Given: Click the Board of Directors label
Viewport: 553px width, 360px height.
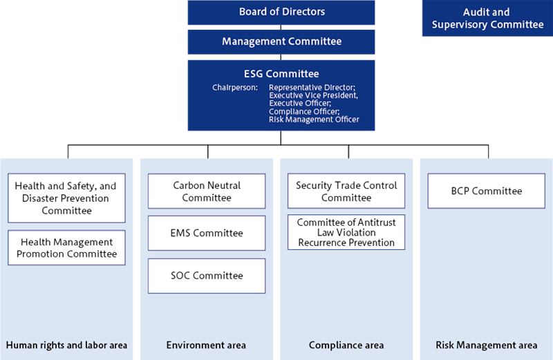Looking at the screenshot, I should pos(281,12).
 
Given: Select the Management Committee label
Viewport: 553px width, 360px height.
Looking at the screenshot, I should pos(281,41).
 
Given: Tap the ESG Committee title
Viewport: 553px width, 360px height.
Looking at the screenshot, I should pos(281,73).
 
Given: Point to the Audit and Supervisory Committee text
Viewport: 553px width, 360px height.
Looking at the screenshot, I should pos(487,19).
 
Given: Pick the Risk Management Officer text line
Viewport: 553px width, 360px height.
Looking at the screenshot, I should pos(314,120).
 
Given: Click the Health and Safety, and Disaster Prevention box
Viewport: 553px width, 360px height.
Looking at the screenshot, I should pos(66,198).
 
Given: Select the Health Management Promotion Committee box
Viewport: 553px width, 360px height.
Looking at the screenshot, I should pos(66,248).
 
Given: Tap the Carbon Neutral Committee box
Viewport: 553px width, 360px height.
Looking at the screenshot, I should pos(207,191).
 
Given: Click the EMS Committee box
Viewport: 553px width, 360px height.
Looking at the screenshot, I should pos(207,233).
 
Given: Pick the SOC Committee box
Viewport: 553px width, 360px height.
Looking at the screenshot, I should pos(207,276).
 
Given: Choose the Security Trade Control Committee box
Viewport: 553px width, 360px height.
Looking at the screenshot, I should pos(346,191).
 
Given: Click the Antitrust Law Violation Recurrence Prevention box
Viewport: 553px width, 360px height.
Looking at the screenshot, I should pos(346,232).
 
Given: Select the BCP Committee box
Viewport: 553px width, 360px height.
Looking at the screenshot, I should pos(486,191).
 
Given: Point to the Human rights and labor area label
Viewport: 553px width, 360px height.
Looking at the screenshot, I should pos(66,345).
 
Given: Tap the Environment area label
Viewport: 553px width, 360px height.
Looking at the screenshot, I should pos(206,345).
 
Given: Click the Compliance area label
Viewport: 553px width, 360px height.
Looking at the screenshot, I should pos(346,345).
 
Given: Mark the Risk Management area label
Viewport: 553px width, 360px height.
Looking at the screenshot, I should pos(486,345).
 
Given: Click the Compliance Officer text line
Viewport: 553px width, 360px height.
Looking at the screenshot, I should pos(304,111).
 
